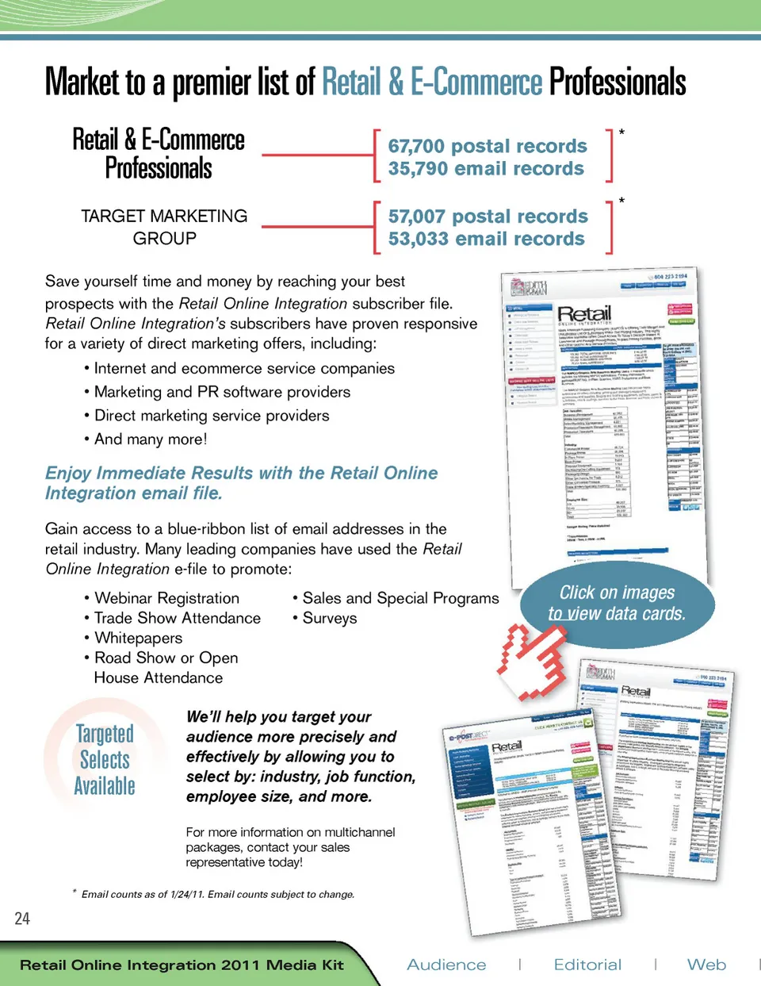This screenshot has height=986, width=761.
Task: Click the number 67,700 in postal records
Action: tap(417, 147)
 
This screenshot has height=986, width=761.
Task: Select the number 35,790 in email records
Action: tap(417, 169)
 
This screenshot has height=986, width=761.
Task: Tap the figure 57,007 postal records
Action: tap(417, 217)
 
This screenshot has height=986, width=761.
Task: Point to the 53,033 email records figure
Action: tap(417, 239)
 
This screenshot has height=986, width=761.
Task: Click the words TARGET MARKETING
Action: tap(164, 216)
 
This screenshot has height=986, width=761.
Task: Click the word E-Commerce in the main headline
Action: tap(476, 82)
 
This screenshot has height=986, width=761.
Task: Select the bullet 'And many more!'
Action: tap(151, 439)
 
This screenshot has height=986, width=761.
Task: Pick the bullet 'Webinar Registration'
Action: tap(166, 598)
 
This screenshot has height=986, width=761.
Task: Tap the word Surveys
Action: tap(330, 618)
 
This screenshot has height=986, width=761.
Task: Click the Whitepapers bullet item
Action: tap(138, 638)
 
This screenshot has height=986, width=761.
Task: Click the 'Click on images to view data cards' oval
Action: tap(617, 603)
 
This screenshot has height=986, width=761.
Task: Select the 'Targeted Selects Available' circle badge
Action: tap(105, 759)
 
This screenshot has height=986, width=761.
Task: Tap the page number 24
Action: tap(22, 919)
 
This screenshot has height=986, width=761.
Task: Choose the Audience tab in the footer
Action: tap(446, 965)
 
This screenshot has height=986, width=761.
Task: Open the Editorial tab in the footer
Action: tap(587, 965)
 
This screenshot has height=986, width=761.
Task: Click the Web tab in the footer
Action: tap(706, 965)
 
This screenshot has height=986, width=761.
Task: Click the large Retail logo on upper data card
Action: tap(584, 314)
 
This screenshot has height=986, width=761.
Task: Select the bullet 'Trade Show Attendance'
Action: tap(177, 618)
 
